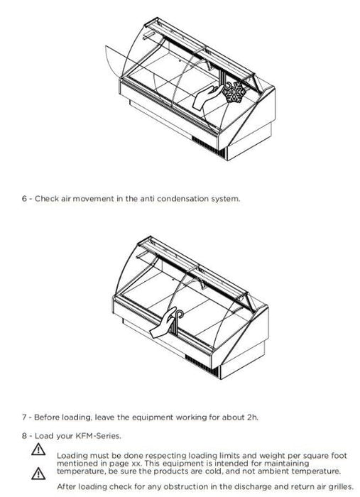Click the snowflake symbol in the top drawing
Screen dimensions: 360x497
tap(234, 92)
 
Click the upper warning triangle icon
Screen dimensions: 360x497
tap(38, 449)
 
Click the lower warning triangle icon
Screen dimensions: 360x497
tap(38, 474)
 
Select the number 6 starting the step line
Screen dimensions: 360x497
tap(24, 199)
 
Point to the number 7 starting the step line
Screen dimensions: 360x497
tap(24, 417)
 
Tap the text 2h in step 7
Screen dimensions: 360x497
tap(252, 417)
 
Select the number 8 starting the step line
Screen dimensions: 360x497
tap(24, 436)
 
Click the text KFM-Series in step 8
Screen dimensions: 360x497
tap(98, 436)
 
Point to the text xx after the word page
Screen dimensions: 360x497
tap(136, 464)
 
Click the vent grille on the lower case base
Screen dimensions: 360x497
tap(201, 366)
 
